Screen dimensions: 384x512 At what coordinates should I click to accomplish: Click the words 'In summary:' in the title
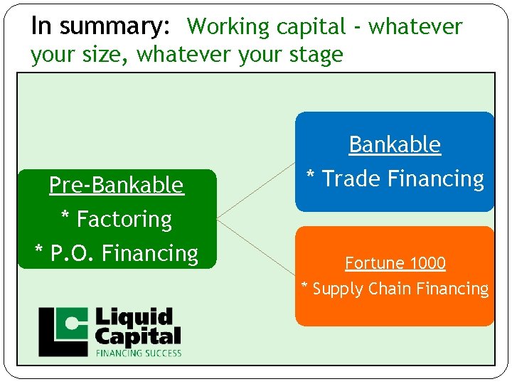click(100, 26)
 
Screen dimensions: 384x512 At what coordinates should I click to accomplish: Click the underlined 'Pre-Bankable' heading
click(116, 185)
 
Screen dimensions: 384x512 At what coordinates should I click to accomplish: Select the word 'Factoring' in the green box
click(124, 219)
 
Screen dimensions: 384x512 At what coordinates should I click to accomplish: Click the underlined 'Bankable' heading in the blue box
click(395, 144)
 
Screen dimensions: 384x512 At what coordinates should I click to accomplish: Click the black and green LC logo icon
click(63, 331)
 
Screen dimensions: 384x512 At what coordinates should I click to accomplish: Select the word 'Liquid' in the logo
click(134, 317)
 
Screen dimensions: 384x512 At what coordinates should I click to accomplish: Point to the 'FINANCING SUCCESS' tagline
click(139, 352)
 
